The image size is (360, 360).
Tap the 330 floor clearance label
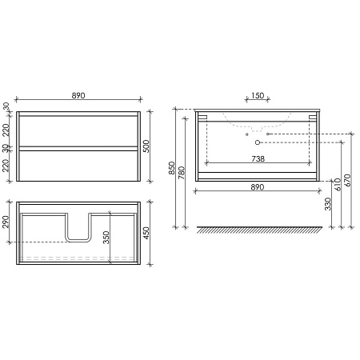click(330, 206)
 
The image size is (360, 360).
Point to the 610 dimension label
click(338, 183)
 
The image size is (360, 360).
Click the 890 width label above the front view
click(78, 95)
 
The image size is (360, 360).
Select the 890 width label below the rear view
click(256, 186)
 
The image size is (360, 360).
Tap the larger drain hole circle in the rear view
click(258, 142)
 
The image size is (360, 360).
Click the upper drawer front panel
click(78, 130)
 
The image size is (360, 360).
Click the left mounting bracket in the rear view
click(202, 118)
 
